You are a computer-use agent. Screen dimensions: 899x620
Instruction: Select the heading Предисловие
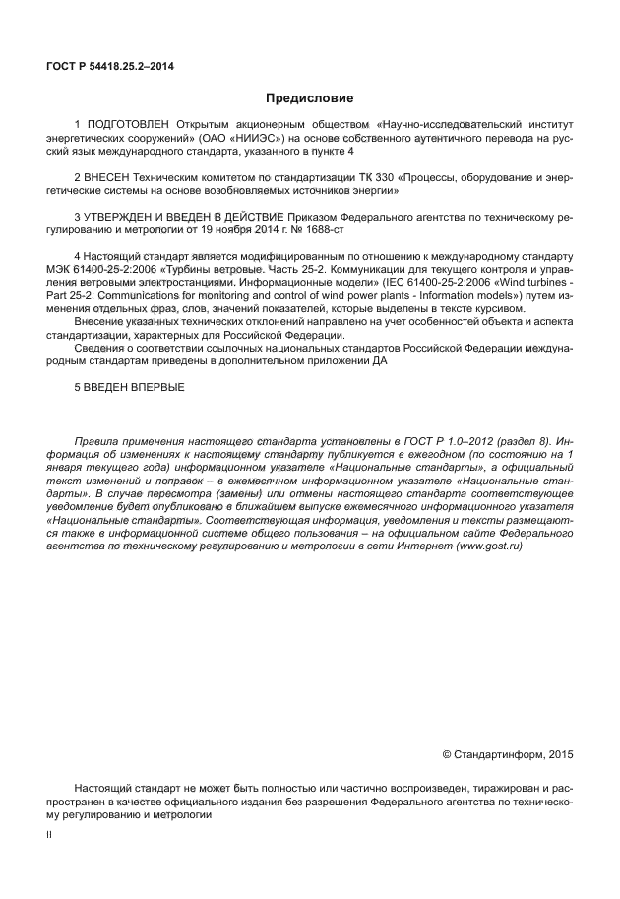click(309, 98)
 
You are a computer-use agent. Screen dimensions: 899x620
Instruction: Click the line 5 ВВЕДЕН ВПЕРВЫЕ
click(129, 386)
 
